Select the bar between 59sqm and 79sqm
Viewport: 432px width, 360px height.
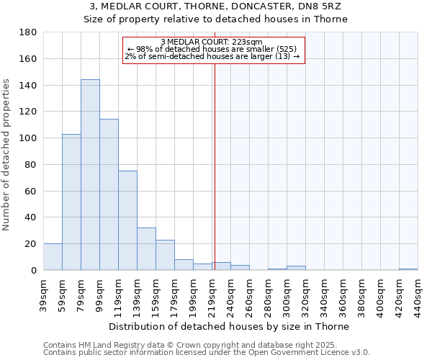point(71,202)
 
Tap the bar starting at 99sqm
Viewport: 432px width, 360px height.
point(109,194)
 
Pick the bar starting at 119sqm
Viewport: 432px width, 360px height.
point(127,220)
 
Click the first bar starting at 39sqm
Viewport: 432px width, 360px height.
point(53,257)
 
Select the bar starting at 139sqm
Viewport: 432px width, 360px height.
point(146,249)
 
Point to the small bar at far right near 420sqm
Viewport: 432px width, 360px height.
point(408,269)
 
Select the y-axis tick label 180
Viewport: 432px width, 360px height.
point(28,32)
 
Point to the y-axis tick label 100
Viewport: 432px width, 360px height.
point(28,138)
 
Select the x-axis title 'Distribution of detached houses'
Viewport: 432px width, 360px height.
point(230,326)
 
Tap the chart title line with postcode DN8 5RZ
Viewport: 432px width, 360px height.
point(215,6)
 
